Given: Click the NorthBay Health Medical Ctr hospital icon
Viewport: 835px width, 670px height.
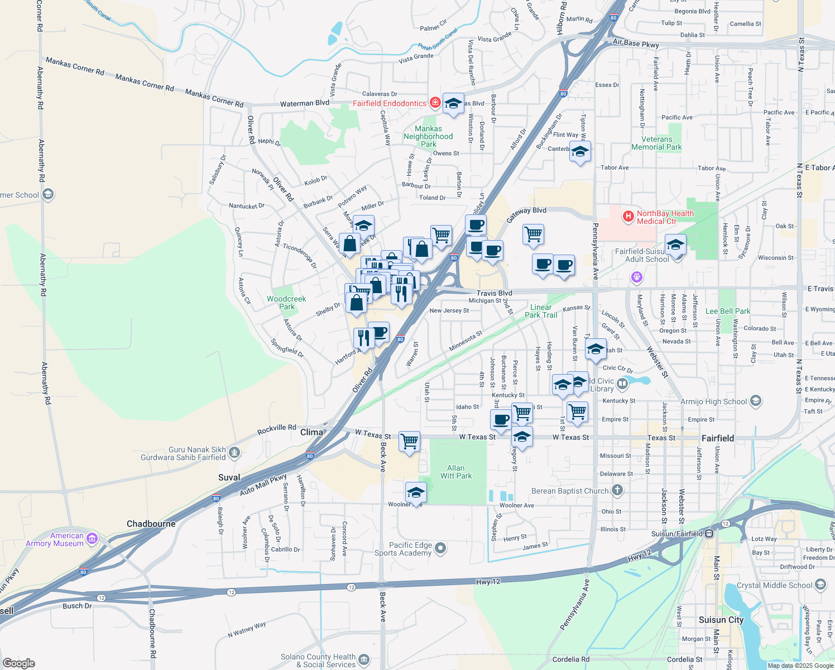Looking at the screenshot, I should tap(628, 216).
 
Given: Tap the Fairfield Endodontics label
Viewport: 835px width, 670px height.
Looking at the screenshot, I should tap(389, 103).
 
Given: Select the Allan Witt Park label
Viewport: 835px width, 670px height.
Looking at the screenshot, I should tap(456, 472).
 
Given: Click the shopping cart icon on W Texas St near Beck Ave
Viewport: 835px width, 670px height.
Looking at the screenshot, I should tap(409, 442).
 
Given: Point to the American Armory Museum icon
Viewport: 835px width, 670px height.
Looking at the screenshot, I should tap(92, 539).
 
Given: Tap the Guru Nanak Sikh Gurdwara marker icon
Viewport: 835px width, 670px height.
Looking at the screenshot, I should tap(234, 452).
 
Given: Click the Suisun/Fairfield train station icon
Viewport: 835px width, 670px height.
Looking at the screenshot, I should tap(709, 533).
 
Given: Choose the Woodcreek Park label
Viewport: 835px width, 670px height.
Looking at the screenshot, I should tap(286, 303).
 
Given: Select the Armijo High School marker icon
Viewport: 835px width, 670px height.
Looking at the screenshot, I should tap(755, 401).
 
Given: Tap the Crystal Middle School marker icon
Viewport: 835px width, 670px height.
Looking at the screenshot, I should tap(820, 585).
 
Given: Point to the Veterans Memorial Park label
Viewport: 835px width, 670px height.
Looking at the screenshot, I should tap(656, 143).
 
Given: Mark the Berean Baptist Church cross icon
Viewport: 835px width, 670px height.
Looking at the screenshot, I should tap(617, 490).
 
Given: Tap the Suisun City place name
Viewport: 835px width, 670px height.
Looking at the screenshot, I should tap(721, 620).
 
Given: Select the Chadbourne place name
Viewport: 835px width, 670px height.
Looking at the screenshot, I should tap(151, 524).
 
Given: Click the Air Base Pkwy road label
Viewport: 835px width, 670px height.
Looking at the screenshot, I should tap(636, 43).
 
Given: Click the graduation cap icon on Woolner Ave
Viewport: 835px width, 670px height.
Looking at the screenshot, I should tap(416, 492).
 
